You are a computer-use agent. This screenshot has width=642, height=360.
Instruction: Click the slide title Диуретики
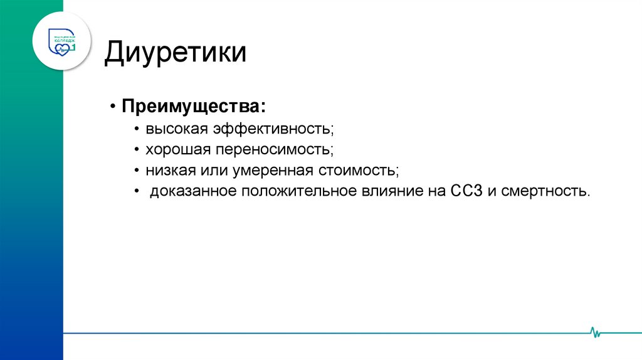[x=175, y=53]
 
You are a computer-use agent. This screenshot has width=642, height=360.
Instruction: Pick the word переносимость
[x=274, y=150]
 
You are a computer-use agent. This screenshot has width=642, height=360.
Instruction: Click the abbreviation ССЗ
[x=465, y=191]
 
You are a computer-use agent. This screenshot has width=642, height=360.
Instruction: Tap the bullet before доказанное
[x=136, y=191]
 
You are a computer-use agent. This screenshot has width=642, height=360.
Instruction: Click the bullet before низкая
[x=136, y=171]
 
